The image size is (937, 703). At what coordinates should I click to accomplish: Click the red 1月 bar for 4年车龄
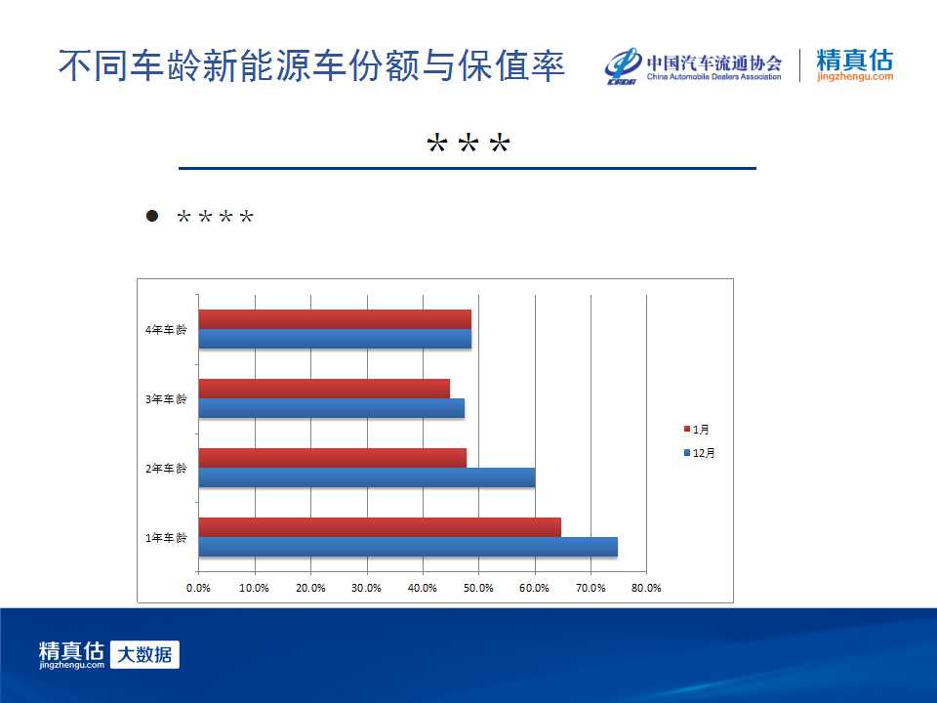(x=335, y=319)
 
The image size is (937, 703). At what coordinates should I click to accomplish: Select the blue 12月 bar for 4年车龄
(x=335, y=339)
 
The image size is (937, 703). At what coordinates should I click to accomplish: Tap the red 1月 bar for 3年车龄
(x=324, y=389)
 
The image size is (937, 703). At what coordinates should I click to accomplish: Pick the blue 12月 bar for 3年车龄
(x=332, y=408)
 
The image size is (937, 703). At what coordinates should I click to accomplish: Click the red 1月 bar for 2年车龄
(x=332, y=458)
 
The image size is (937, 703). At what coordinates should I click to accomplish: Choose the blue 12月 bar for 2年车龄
(x=367, y=477)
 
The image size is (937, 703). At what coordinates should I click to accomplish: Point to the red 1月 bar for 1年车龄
(x=380, y=527)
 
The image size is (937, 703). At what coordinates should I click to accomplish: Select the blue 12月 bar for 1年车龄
(x=408, y=547)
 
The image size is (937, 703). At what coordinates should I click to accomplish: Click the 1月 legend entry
(x=697, y=430)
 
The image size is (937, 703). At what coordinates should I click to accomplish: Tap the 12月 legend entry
(x=699, y=453)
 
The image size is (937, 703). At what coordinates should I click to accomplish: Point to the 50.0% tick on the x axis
(x=478, y=588)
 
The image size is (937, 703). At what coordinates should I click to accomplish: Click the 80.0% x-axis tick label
(x=646, y=588)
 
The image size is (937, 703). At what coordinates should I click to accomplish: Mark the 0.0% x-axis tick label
(x=198, y=588)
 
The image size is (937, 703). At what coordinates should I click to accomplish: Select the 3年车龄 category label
(x=166, y=398)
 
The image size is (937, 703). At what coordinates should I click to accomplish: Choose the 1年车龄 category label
(x=166, y=537)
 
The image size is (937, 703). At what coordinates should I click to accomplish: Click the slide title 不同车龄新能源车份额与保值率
(x=311, y=65)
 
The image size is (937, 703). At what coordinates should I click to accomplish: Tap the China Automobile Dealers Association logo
(x=693, y=65)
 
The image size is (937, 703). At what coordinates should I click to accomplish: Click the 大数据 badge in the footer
(x=144, y=654)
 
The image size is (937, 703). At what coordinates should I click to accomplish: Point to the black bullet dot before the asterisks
(x=152, y=216)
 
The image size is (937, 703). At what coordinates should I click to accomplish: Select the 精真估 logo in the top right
(x=855, y=65)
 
